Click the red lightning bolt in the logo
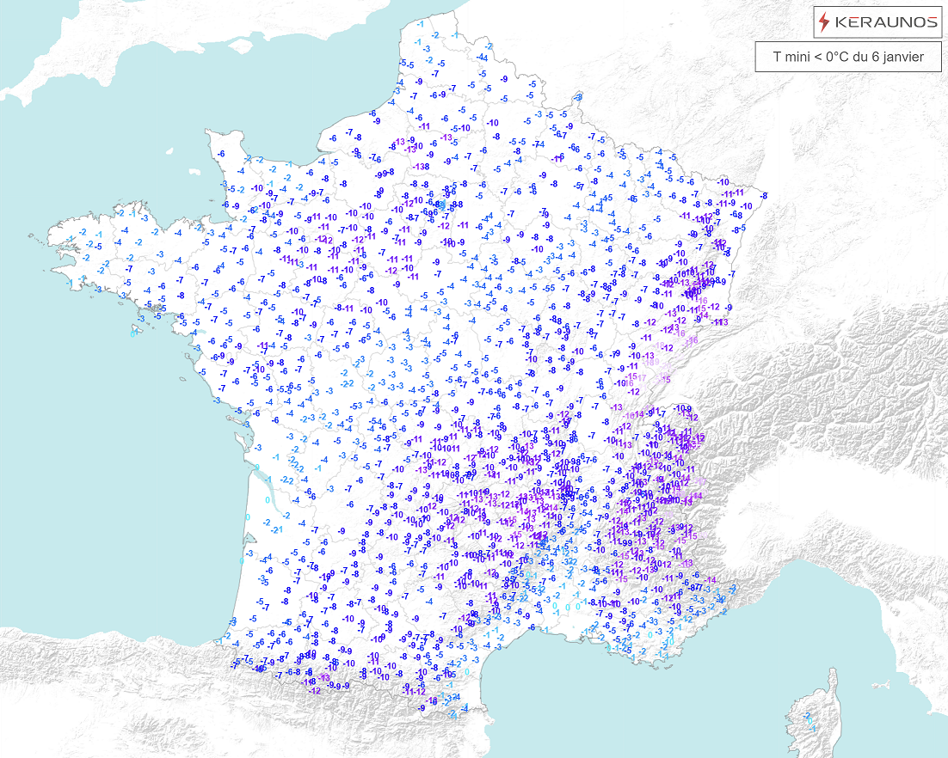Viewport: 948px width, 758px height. click(825, 22)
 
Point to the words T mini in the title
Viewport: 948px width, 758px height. click(789, 58)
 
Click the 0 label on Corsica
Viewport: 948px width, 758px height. click(809, 722)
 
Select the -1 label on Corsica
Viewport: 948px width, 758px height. click(813, 729)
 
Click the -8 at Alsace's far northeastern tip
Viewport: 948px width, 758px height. click(764, 197)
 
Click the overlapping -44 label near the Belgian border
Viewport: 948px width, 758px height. click(483, 58)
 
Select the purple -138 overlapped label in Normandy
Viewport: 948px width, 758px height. click(421, 166)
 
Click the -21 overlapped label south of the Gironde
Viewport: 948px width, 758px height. click(277, 529)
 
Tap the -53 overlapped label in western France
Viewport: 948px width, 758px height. click(355, 404)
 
